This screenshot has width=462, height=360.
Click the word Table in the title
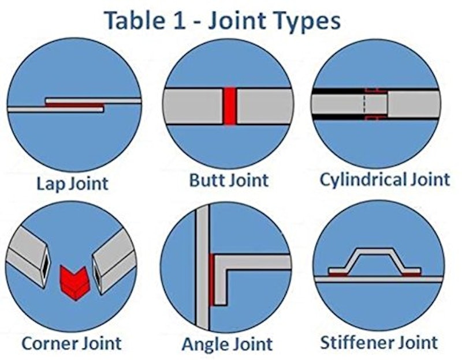(x=134, y=20)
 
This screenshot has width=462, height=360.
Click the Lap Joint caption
(x=73, y=183)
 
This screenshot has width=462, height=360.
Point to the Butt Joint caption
(x=229, y=180)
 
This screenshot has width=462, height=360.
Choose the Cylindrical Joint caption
(x=385, y=179)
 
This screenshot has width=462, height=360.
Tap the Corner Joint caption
(x=72, y=343)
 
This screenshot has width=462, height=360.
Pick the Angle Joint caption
(x=227, y=344)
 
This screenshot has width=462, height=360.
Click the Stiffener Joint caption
(x=379, y=342)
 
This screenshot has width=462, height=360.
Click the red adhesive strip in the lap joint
(x=76, y=104)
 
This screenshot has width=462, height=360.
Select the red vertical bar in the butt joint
(x=229, y=106)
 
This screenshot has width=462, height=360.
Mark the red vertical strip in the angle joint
(x=211, y=280)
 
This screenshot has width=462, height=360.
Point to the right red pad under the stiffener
(x=411, y=275)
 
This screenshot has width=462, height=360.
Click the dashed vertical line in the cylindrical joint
(x=364, y=103)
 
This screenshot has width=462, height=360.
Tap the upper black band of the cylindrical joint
(x=339, y=91)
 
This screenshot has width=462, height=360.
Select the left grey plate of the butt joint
(x=193, y=106)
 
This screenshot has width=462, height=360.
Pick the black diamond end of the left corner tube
(x=46, y=268)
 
